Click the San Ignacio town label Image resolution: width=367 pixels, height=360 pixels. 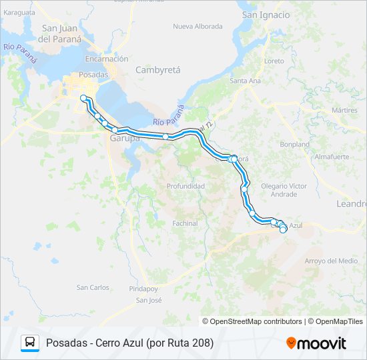266,15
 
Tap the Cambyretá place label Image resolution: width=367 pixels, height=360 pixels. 158,69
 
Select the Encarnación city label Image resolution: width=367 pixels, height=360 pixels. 106,59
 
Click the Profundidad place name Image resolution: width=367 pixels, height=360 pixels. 186,186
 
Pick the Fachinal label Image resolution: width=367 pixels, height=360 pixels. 185,223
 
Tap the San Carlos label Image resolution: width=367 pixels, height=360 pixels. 93,287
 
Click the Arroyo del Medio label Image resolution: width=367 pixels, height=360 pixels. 331,261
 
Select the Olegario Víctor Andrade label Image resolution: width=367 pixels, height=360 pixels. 284,190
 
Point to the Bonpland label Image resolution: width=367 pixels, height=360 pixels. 295,144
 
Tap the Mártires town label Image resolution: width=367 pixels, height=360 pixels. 345,110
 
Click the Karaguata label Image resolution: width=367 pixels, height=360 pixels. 18,13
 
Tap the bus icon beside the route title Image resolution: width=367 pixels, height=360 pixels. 30,343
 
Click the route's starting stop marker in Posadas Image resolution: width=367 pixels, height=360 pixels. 83,98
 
